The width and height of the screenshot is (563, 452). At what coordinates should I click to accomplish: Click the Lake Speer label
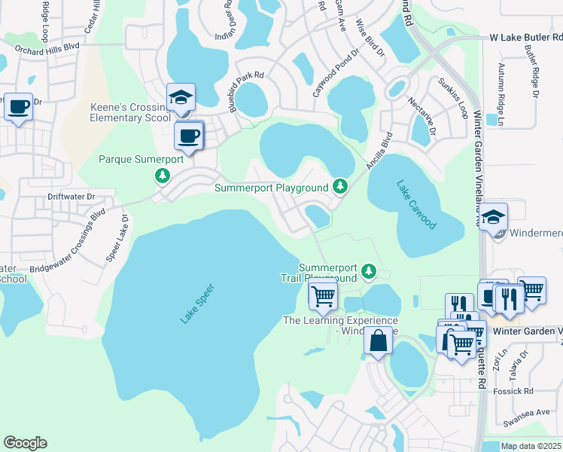(197, 304)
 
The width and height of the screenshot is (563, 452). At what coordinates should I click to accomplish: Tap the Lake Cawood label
(415, 204)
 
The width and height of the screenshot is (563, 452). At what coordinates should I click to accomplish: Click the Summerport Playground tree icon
(340, 185)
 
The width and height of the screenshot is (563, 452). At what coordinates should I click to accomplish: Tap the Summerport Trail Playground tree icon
(368, 270)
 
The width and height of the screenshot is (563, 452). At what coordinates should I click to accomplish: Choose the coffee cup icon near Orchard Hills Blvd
(18, 106)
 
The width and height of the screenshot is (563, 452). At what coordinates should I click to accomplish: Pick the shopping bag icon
(379, 341)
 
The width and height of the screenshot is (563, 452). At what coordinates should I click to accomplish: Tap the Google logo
(25, 442)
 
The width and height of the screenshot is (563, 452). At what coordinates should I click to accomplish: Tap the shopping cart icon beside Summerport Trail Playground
(323, 295)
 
